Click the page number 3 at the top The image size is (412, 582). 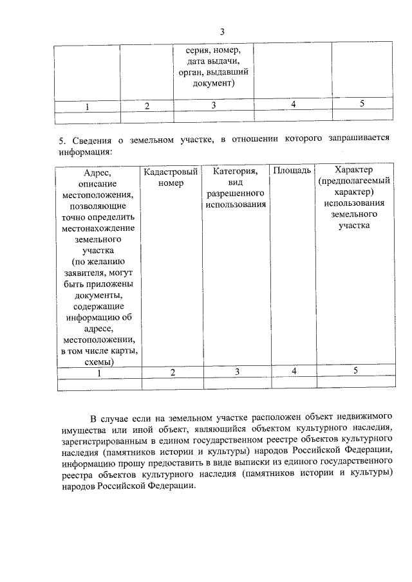tap(222, 32)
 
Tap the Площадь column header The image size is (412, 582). tap(292, 170)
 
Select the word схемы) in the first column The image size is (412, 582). tap(99, 361)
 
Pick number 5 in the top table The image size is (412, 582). tap(362, 104)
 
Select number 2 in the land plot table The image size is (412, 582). tap(173, 372)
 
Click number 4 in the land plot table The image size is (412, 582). tap(294, 371)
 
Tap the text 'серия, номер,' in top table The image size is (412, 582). tap(213, 51)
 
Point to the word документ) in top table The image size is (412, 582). tap(214, 83)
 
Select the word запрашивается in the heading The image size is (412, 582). tap(352, 141)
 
